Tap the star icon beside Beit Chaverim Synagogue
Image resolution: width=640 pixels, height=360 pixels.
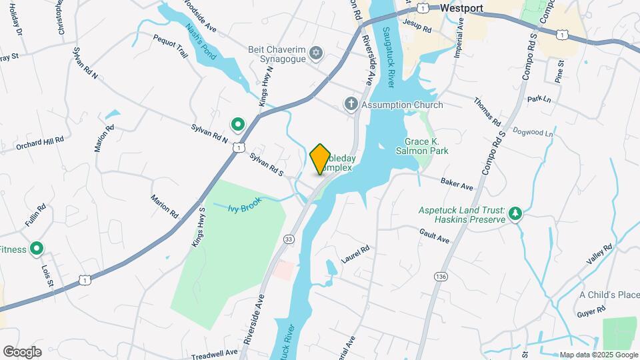pyautogui.click(x=317, y=52)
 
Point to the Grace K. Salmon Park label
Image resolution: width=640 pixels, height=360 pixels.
pyautogui.click(x=427, y=146)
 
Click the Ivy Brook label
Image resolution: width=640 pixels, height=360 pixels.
pyautogui.click(x=245, y=208)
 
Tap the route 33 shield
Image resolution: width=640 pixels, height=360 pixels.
pyautogui.click(x=289, y=239)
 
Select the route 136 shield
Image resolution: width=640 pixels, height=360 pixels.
pyautogui.click(x=439, y=275)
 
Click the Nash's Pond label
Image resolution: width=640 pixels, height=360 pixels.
pyautogui.click(x=201, y=43)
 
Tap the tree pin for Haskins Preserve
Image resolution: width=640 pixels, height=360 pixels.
pyautogui.click(x=515, y=214)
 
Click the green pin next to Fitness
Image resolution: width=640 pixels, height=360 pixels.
pyautogui.click(x=37, y=249)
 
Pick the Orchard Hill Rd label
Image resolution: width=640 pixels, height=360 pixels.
pyautogui.click(x=40, y=143)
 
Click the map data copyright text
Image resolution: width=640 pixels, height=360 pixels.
pyautogui.click(x=598, y=355)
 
